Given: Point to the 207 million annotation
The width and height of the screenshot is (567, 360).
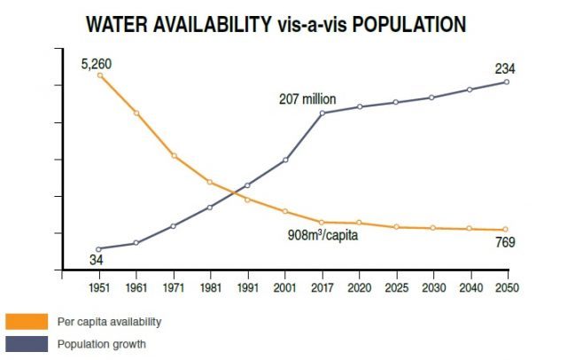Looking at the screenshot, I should pos(307,99).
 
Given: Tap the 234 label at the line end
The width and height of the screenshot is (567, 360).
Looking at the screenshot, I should pos(505,68).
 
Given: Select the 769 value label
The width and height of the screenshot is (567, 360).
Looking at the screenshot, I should pos(505,242).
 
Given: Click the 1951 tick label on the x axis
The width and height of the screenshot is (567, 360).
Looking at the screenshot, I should pos(99,287).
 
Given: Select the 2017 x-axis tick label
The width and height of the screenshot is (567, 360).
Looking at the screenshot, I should pos(322,287).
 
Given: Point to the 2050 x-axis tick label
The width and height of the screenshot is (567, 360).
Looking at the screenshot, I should pos(506,287).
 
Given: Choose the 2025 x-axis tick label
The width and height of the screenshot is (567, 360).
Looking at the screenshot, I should pos(395,287).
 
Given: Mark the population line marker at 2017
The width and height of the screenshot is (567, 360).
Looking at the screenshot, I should pos(322,113).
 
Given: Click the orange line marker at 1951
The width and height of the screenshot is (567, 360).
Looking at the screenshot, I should pos(99,75).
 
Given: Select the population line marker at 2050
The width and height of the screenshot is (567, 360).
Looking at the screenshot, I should pos(506,82).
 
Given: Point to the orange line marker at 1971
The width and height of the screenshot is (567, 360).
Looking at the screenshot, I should pos(174,155).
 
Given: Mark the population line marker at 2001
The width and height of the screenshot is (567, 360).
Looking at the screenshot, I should pos(285,160).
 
